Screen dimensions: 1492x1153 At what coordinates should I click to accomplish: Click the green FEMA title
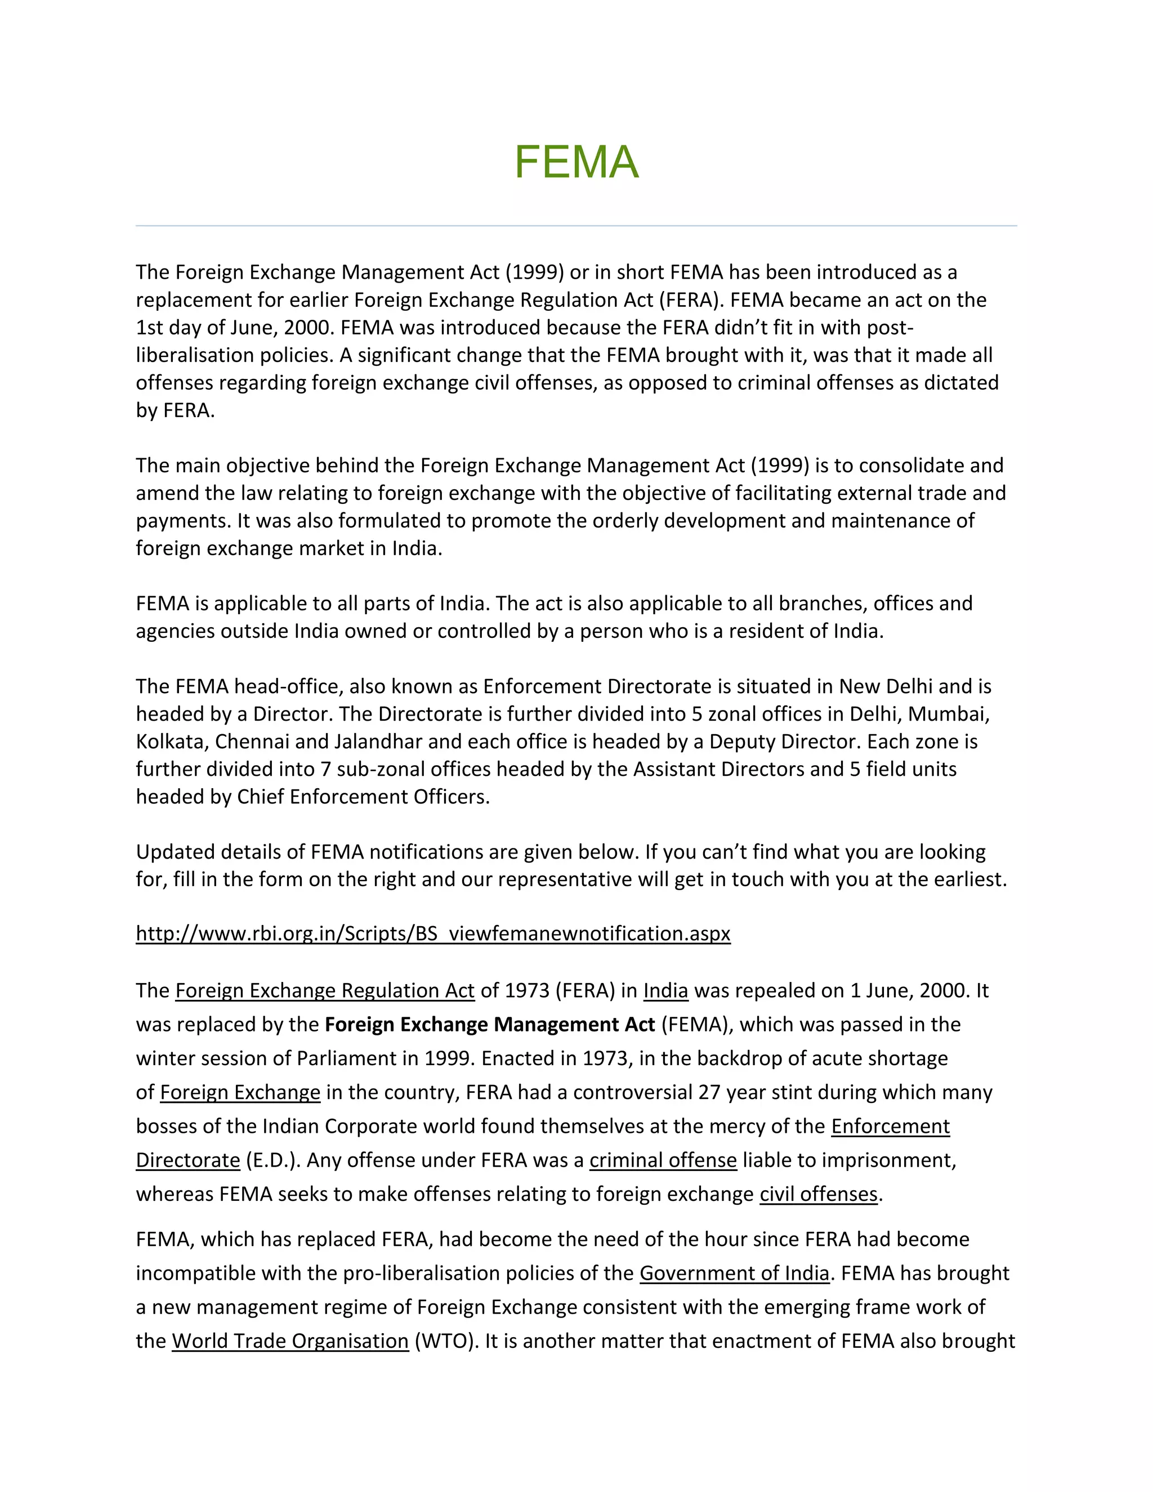(x=576, y=163)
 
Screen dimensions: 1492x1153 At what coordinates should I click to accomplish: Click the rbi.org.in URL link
(x=433, y=933)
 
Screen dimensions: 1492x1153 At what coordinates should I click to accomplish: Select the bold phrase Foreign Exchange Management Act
(x=489, y=1024)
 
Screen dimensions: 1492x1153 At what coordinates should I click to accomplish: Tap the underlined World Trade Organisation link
(x=289, y=1341)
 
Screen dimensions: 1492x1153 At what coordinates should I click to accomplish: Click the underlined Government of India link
(x=734, y=1273)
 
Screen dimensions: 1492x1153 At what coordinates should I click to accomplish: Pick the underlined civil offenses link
(x=818, y=1194)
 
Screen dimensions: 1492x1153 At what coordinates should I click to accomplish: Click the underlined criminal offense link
(x=663, y=1160)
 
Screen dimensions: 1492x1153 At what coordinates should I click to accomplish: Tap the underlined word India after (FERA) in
(x=665, y=990)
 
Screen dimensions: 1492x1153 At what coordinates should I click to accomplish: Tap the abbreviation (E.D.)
(x=272, y=1160)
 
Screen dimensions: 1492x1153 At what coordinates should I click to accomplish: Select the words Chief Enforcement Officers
(x=362, y=797)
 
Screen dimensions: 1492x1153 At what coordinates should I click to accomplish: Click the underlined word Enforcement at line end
(x=890, y=1126)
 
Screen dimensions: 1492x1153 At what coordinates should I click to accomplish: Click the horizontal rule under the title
(x=576, y=225)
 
